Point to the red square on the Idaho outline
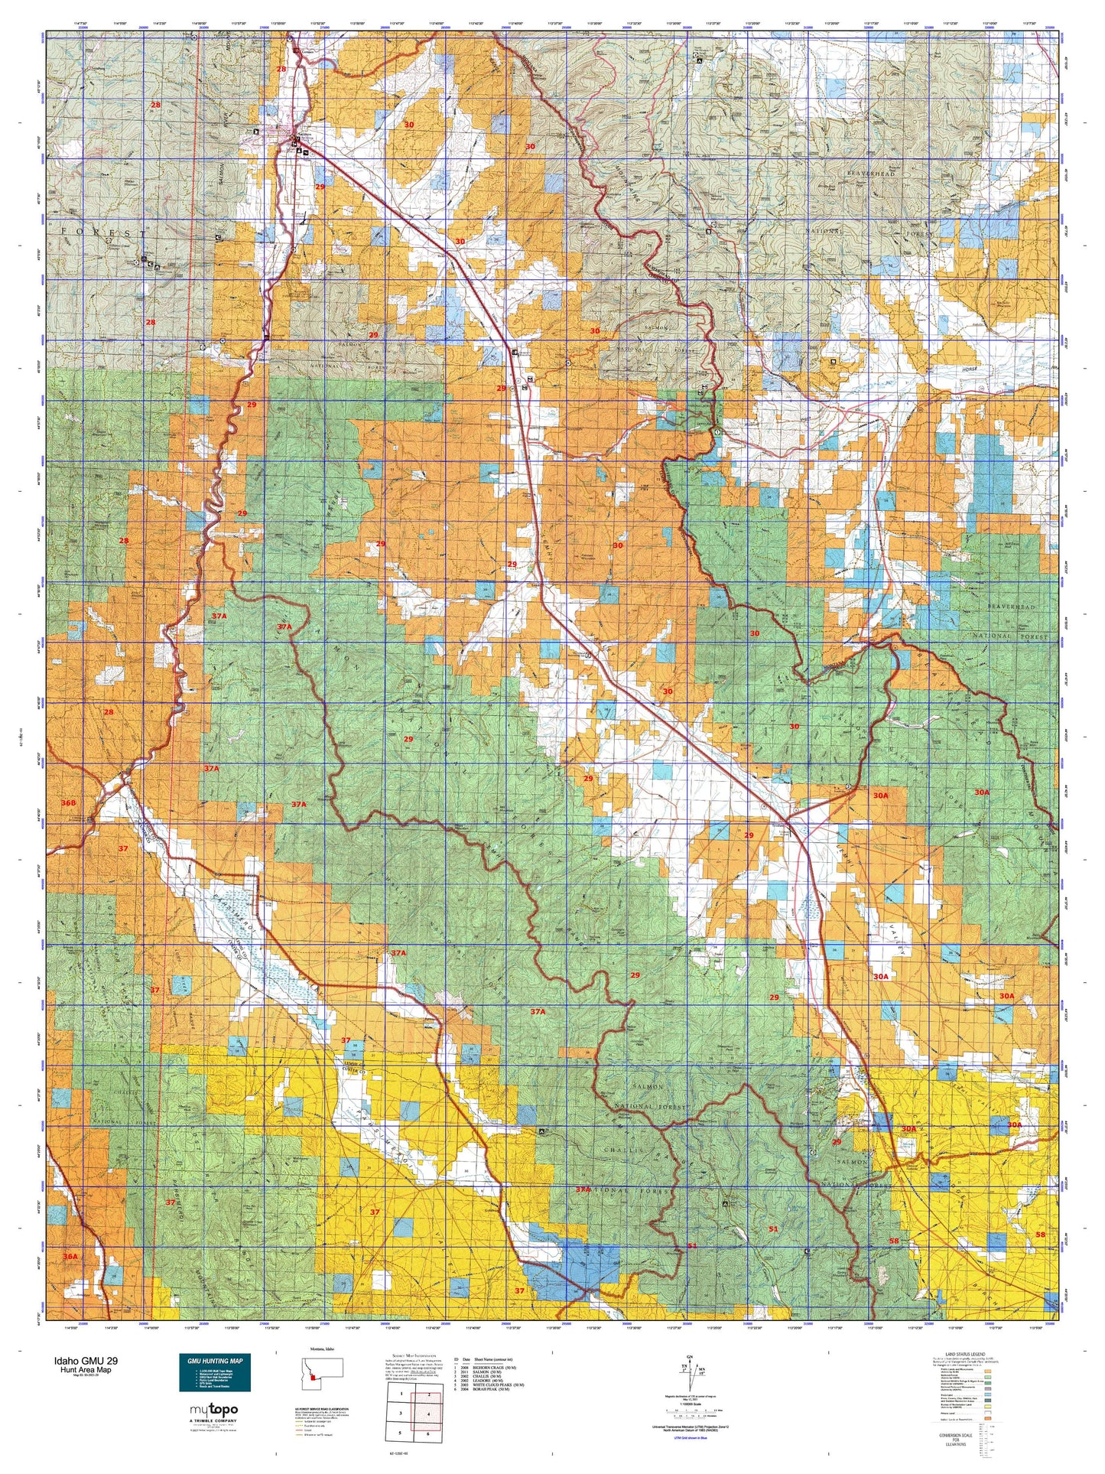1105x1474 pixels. [313, 1377]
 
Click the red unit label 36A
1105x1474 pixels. [70, 1257]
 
